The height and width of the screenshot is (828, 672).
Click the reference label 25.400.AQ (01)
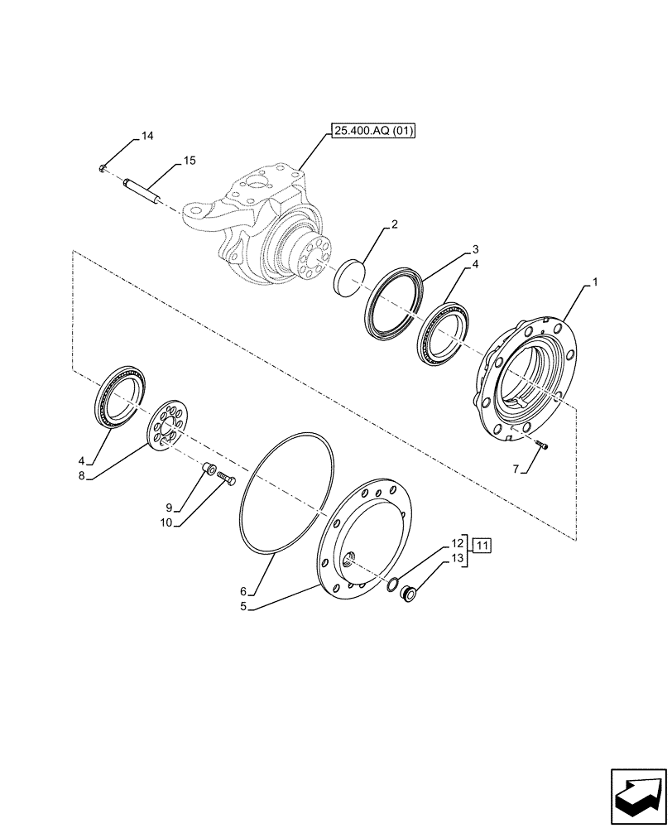[374, 131]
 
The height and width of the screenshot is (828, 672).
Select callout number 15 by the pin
[189, 161]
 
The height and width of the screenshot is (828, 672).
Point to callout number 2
[395, 224]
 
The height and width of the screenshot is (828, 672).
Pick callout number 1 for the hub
[594, 283]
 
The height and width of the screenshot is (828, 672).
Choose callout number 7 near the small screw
[516, 469]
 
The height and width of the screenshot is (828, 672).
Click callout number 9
[168, 508]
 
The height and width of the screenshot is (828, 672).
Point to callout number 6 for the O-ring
[243, 591]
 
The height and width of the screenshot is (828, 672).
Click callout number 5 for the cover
[243, 606]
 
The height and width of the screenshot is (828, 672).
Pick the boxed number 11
[483, 545]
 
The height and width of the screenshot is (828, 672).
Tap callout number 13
[457, 559]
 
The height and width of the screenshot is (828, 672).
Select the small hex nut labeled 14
[100, 170]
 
